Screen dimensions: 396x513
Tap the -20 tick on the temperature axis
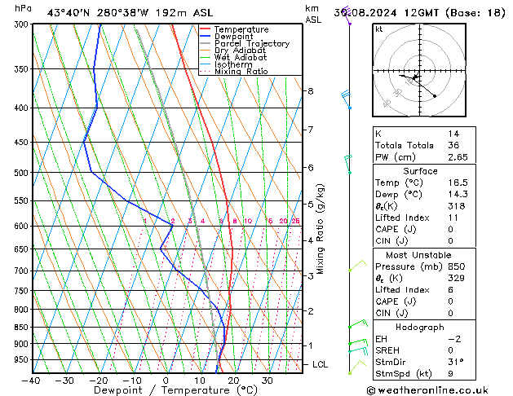(x=98, y=381)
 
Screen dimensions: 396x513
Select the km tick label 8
(x=310, y=91)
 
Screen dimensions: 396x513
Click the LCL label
(x=321, y=364)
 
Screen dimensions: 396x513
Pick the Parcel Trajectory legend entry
(x=251, y=44)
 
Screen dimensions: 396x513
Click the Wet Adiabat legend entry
(x=241, y=58)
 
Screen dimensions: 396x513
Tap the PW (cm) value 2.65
(x=457, y=157)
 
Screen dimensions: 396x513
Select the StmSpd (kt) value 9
(x=449, y=375)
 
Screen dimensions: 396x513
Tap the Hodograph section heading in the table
(x=420, y=327)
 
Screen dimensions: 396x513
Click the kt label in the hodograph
(x=378, y=29)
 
